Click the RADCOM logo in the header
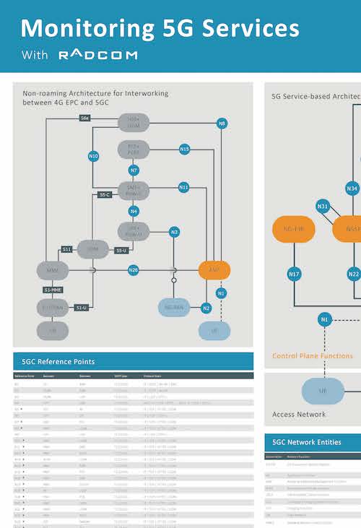pyautogui.click(x=97, y=55)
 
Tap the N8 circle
pyautogui.click(x=222, y=124)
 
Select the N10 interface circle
pyautogui.click(x=93, y=155)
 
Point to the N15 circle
pyautogui.click(x=184, y=150)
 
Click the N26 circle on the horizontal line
pyautogui.click(x=134, y=270)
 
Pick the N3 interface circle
pyautogui.click(x=174, y=232)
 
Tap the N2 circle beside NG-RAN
pyautogui.click(x=206, y=308)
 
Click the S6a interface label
pyautogui.click(x=85, y=117)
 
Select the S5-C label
pyautogui.click(x=105, y=194)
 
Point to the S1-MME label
pyautogui.click(x=52, y=290)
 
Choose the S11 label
pyautogui.click(x=66, y=248)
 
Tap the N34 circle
pyautogui.click(x=352, y=189)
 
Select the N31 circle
pyautogui.click(x=323, y=207)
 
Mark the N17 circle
pyautogui.click(x=294, y=274)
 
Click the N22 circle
pyautogui.click(x=353, y=274)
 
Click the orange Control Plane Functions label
pyautogui.click(x=313, y=356)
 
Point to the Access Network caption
pyautogui.click(x=299, y=415)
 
